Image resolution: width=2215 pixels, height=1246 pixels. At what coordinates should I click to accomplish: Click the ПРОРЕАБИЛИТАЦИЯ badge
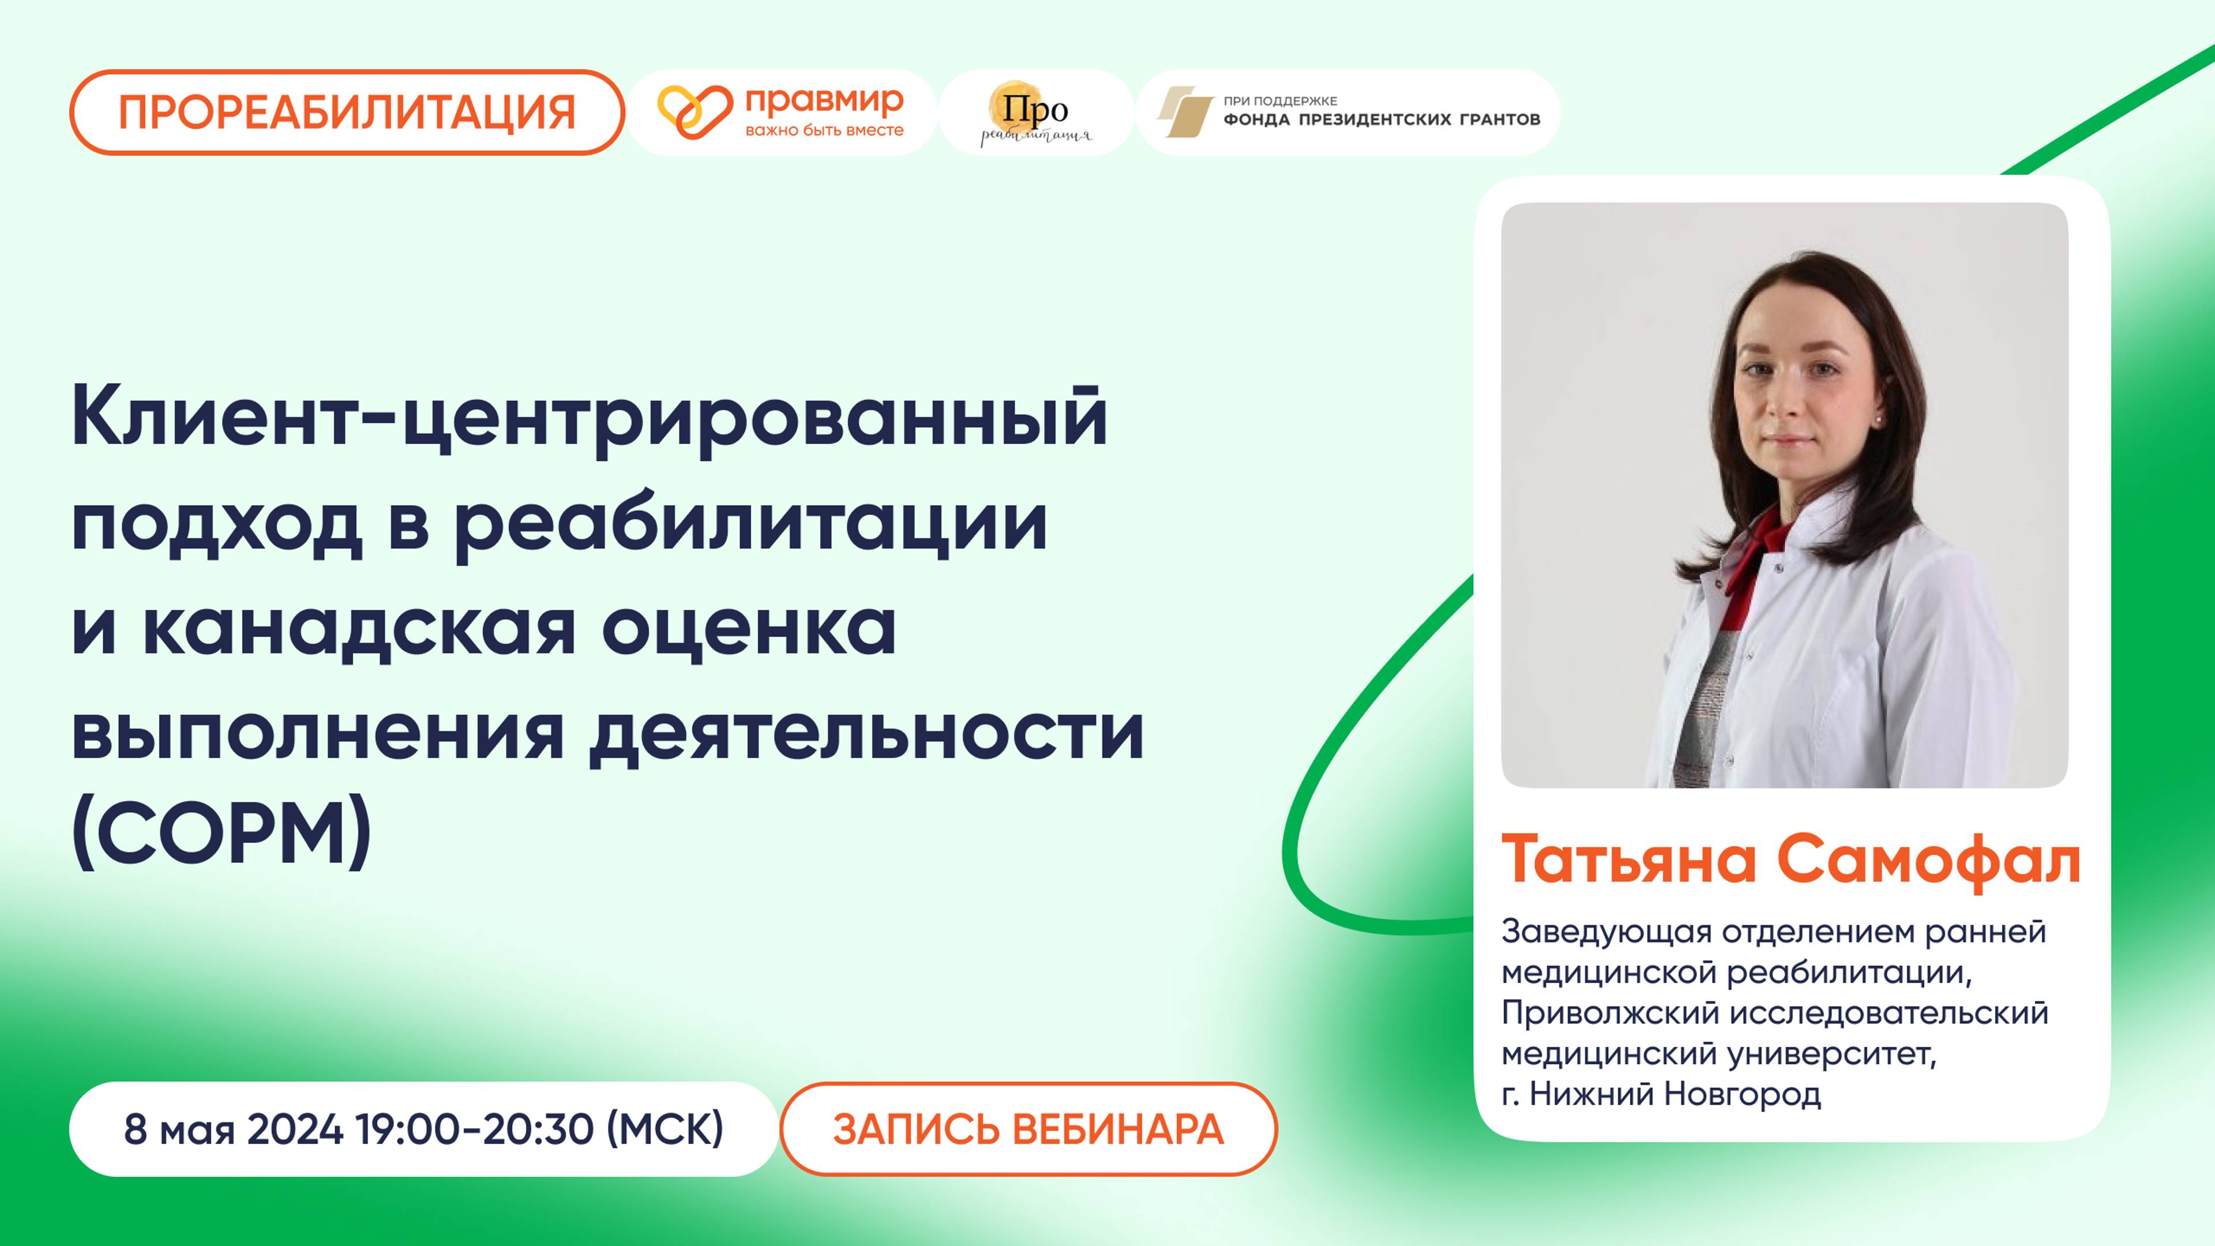pyautogui.click(x=347, y=112)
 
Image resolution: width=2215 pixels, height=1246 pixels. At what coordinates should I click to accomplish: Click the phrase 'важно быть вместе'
pyautogui.click(x=824, y=131)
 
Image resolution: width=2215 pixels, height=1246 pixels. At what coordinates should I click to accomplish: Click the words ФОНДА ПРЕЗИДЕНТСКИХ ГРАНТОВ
pyautogui.click(x=1381, y=119)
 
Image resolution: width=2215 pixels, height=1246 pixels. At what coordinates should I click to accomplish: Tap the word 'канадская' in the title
pyautogui.click(x=359, y=629)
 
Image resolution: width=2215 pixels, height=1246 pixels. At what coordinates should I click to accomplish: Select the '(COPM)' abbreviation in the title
pyautogui.click(x=222, y=833)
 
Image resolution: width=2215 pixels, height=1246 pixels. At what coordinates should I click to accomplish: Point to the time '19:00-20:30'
pyautogui.click(x=475, y=1129)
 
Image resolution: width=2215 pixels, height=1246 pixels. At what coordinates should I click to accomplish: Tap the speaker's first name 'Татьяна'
pyautogui.click(x=1630, y=860)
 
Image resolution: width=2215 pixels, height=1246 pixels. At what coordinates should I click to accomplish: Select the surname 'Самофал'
pyautogui.click(x=1929, y=860)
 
